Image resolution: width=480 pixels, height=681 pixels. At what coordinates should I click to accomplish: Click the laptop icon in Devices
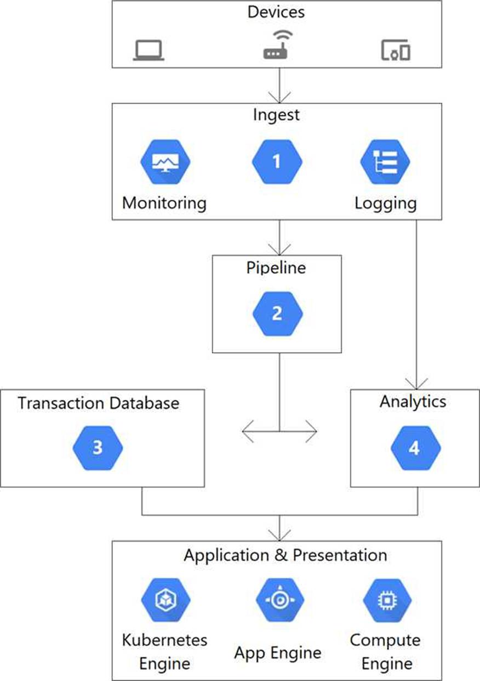click(148, 50)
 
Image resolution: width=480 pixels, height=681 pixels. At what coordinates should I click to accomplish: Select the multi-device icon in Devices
click(396, 50)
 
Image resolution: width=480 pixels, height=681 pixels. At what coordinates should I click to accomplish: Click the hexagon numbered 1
click(277, 162)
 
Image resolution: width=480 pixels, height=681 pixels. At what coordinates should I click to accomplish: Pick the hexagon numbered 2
click(277, 314)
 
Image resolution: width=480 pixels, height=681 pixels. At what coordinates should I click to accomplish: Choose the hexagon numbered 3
click(98, 448)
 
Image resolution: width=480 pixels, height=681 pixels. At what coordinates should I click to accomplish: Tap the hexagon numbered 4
click(415, 448)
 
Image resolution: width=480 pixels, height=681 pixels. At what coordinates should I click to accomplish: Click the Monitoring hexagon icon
click(165, 162)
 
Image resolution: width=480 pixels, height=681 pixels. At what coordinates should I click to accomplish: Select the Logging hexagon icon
click(385, 162)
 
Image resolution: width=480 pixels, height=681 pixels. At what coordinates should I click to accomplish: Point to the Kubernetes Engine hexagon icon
click(166, 600)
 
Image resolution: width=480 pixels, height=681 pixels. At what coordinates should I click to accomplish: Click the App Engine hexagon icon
click(279, 600)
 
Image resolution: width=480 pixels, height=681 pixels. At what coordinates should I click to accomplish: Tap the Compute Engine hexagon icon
click(387, 600)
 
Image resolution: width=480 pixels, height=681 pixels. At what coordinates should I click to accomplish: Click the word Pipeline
click(276, 268)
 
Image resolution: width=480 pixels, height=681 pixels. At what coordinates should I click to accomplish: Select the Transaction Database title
click(99, 403)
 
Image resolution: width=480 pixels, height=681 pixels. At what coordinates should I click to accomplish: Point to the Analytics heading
click(413, 402)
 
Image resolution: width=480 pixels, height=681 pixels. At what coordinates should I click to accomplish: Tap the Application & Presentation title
click(285, 555)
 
